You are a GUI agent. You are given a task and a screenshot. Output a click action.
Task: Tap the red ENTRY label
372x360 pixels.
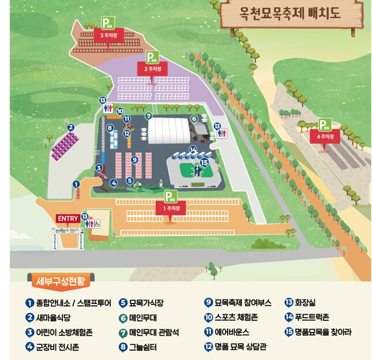[x=68, y=218]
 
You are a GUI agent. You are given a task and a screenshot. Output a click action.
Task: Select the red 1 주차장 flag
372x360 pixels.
[x=169, y=209]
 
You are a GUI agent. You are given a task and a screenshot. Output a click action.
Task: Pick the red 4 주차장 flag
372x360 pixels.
[x=325, y=137]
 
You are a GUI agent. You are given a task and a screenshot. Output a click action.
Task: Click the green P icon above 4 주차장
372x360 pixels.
[x=325, y=124]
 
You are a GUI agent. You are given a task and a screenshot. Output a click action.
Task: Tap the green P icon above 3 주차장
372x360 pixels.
[x=107, y=23]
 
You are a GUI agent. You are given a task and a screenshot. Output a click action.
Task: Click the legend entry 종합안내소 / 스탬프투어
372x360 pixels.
[x=68, y=302]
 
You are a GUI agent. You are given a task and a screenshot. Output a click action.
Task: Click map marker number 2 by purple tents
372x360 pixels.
[x=70, y=128]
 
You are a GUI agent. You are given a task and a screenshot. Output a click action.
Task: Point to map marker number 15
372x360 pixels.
[x=204, y=163]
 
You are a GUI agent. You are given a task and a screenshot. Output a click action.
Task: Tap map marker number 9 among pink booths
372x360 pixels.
[x=134, y=159]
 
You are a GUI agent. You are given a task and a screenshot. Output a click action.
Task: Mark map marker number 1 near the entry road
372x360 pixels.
[x=76, y=184]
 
